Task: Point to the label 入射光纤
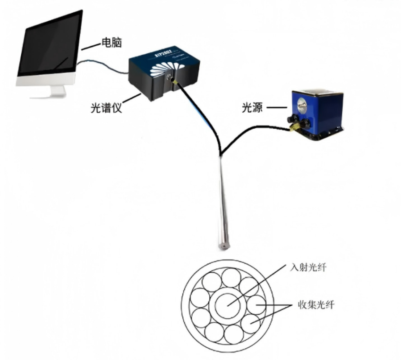(x=310, y=268)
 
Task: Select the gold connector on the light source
(x=292, y=126)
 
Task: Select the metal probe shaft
(x=221, y=198)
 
